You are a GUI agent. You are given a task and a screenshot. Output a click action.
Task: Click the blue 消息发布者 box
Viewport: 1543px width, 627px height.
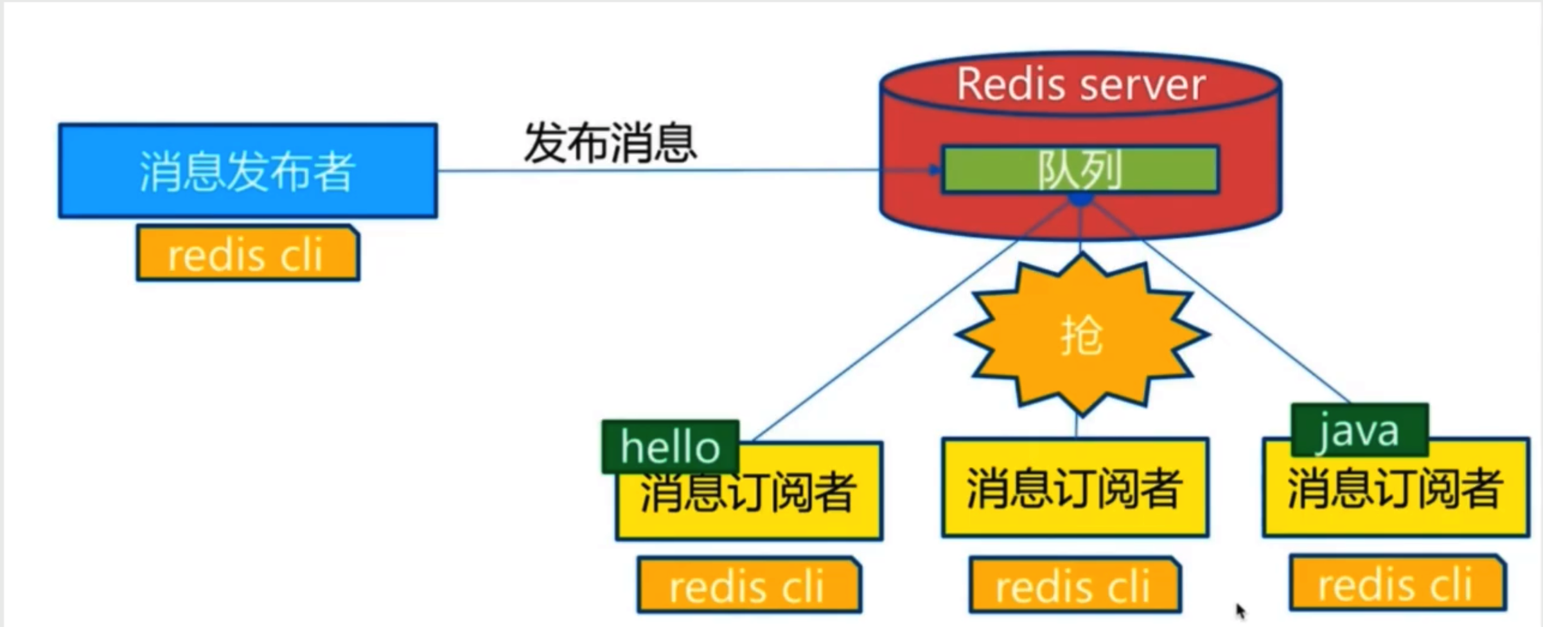248,171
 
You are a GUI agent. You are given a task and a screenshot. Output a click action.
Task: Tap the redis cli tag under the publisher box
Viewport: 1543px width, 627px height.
247,254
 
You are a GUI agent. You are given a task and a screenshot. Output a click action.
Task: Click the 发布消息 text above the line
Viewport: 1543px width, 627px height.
610,143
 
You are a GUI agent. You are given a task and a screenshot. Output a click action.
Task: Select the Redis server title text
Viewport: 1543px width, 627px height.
1080,84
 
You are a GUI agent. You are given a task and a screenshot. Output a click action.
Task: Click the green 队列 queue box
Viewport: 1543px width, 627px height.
1079,170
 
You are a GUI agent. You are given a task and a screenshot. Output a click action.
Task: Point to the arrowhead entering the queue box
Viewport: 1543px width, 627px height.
935,170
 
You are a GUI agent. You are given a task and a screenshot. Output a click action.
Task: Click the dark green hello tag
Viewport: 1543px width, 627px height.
670,447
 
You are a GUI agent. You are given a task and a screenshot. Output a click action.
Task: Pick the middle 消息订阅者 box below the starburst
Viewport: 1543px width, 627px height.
1075,488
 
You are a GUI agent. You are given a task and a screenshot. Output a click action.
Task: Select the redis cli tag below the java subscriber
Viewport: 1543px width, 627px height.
1397,584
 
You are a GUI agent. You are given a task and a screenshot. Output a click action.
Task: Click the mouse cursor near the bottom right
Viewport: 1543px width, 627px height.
1240,610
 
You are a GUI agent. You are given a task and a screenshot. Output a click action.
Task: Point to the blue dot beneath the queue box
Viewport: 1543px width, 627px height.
1080,200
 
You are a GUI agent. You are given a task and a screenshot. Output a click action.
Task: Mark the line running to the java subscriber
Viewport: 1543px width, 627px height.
1246,321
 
